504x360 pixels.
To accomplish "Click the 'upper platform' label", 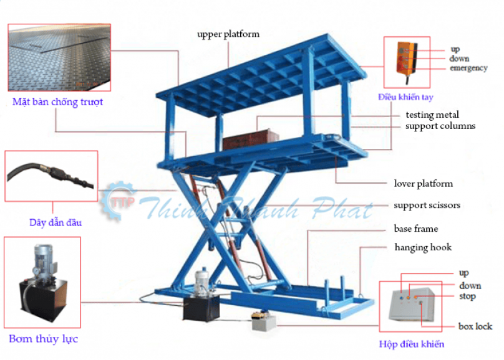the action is pyautogui.click(x=228, y=34).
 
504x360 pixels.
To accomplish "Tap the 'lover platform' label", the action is pyautogui.click(x=424, y=184).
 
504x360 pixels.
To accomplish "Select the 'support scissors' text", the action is pyautogui.click(x=427, y=206).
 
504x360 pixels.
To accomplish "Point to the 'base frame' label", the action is pyautogui.click(x=416, y=229).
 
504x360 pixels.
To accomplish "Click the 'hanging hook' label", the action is pyautogui.click(x=423, y=247).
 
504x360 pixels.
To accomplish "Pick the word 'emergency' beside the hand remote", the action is pyautogui.click(x=468, y=68).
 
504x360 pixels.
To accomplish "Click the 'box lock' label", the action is pyautogui.click(x=475, y=326).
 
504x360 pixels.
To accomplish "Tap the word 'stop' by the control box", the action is pyautogui.click(x=467, y=296).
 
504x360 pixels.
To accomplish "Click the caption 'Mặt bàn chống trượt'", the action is pyautogui.click(x=57, y=102).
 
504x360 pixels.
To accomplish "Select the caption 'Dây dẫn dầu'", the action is pyautogui.click(x=56, y=222).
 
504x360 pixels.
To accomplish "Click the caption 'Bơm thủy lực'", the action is pyautogui.click(x=44, y=339).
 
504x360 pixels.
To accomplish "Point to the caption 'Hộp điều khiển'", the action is pyautogui.click(x=412, y=344).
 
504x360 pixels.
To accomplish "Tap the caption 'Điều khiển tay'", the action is pyautogui.click(x=405, y=97).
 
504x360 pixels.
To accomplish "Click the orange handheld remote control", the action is pyautogui.click(x=406, y=59).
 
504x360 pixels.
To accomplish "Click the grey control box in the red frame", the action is pyautogui.click(x=411, y=305).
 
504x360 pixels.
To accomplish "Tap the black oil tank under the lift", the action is pyautogui.click(x=201, y=308).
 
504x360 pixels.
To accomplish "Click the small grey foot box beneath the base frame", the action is pyautogui.click(x=264, y=323).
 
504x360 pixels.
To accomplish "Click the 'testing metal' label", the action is pyautogui.click(x=432, y=115).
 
